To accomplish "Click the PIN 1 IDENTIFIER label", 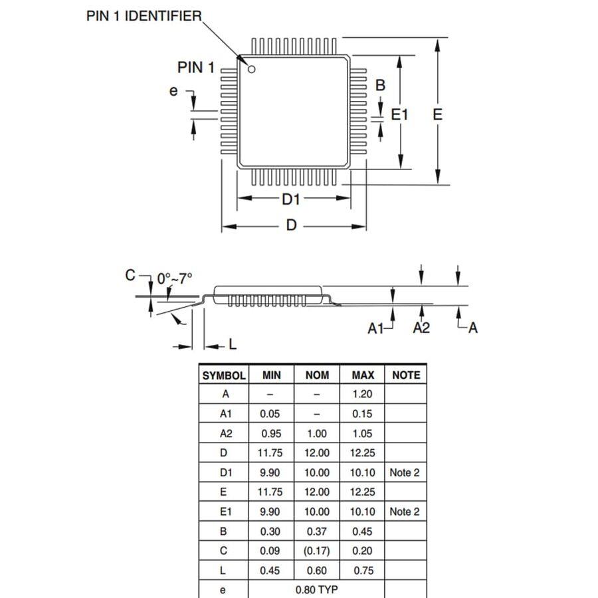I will click(x=144, y=16).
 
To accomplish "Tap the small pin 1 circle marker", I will click(x=252, y=69).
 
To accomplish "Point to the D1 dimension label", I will click(x=291, y=199).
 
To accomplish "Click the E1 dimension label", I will click(x=399, y=115).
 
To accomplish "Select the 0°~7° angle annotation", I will click(x=175, y=278).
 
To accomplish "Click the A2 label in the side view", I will click(x=421, y=327).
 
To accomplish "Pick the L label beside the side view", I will click(x=233, y=344).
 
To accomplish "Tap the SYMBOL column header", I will click(x=224, y=375).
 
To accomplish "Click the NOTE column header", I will click(x=406, y=375).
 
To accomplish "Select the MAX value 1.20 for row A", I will click(x=362, y=394).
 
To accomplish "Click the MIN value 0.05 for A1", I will click(x=270, y=414).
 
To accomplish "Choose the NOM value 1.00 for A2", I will click(x=317, y=433).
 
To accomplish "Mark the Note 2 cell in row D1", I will click(x=405, y=472).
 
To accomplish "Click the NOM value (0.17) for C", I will click(x=317, y=551).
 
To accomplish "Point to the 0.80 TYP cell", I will click(x=316, y=590).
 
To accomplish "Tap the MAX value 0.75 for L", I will click(x=362, y=570).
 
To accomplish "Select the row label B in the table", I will click(x=224, y=532).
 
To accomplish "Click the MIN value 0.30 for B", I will click(x=270, y=532).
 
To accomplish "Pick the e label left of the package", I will click(x=174, y=91).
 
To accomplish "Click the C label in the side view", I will click(x=130, y=276).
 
